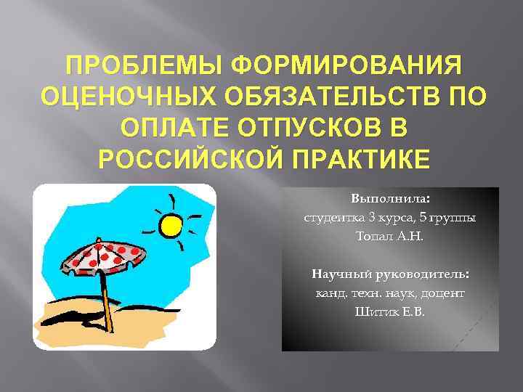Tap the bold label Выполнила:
tap(390, 198)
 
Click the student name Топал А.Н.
tap(390, 237)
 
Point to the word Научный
tap(339, 274)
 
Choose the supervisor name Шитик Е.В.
tap(390, 312)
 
